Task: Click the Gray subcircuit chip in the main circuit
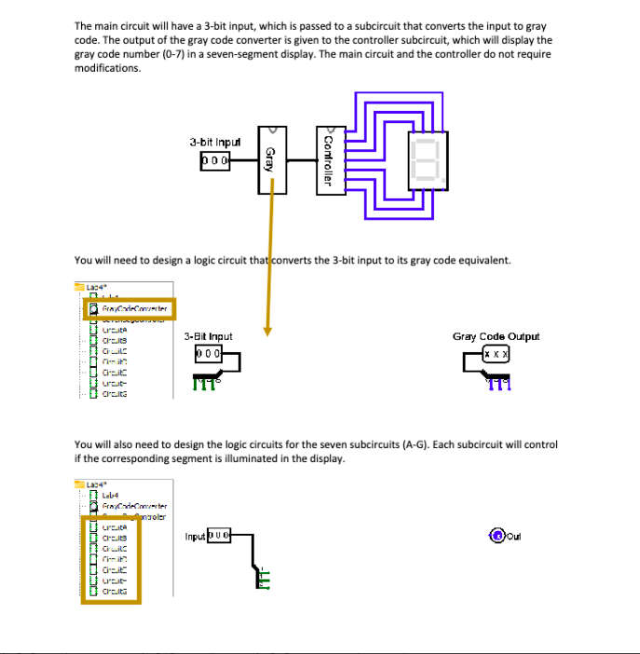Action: [x=271, y=159]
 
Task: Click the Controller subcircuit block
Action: [x=325, y=159]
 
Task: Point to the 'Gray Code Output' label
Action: [x=496, y=336]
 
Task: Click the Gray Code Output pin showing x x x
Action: [x=496, y=355]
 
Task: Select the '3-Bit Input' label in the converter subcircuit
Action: [x=208, y=336]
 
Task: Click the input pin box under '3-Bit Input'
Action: [x=209, y=355]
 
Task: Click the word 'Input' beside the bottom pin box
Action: [x=195, y=537]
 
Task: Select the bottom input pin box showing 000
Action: [x=218, y=537]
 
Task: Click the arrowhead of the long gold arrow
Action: [x=267, y=327]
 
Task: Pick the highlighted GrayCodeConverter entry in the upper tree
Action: [x=129, y=308]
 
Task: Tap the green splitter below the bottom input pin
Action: [x=264, y=579]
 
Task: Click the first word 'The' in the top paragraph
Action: [x=83, y=26]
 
